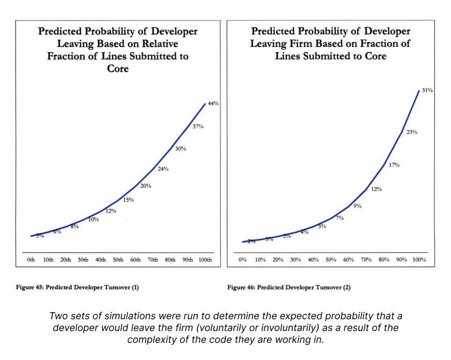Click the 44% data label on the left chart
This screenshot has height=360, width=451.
coord(213,103)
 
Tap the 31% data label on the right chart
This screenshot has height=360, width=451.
coord(427,91)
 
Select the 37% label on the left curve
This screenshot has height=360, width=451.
coord(198,126)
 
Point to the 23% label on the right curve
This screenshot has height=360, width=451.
coord(411,131)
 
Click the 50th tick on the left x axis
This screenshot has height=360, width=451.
coord(118,260)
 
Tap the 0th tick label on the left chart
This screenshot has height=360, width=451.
coord(31,260)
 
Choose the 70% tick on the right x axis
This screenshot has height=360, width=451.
coord(366,260)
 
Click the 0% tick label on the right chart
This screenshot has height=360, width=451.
coord(242,260)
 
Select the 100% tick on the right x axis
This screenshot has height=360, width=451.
coord(419,260)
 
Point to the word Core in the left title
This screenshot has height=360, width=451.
coord(117,69)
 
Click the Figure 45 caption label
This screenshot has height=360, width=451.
coord(78,288)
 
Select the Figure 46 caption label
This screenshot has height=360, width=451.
coord(289,288)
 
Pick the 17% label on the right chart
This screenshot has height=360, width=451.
coord(394,165)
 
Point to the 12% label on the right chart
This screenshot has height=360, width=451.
coord(376,189)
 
